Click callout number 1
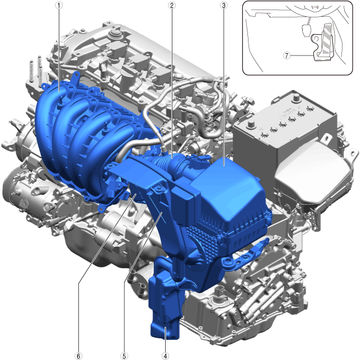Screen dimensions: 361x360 (x=59, y=5)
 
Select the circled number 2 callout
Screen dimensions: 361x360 (x=171, y=5)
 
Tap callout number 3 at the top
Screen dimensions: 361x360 (x=223, y=5)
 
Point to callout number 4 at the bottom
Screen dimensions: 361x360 (x=165, y=356)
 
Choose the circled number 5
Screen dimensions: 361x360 (x=124, y=356)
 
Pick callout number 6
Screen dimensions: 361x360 (x=78, y=356)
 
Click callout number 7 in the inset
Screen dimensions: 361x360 (x=287, y=55)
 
